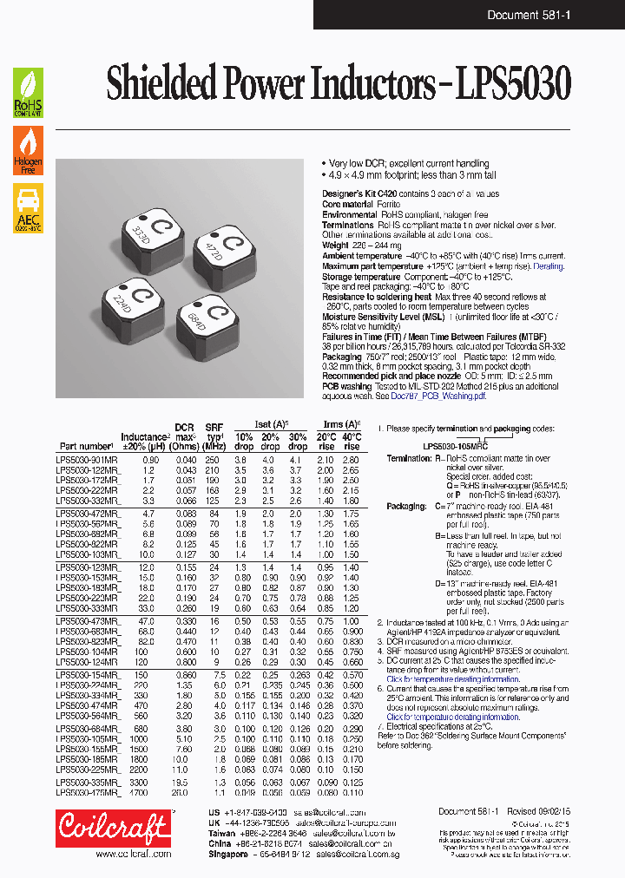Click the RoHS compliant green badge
[x=28, y=92]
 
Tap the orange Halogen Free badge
[x=28, y=150]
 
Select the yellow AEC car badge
[x=28, y=208]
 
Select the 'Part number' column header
[x=87, y=448]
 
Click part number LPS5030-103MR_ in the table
[x=89, y=554]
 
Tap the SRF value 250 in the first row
[x=213, y=459]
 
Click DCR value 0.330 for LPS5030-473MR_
[x=185, y=622]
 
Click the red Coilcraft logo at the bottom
[x=112, y=829]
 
